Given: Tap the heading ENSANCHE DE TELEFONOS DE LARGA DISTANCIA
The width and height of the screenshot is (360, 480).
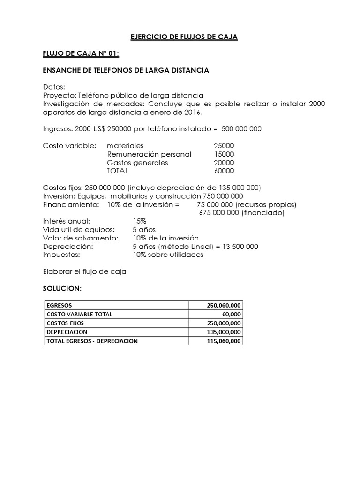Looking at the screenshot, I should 126,70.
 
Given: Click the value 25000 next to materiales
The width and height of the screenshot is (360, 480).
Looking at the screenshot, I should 224,146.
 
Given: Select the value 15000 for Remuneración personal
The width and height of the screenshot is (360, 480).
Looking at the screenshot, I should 224,154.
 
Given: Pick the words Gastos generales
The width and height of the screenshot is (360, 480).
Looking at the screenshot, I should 137,163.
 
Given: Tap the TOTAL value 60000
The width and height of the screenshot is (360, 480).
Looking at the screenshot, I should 224,171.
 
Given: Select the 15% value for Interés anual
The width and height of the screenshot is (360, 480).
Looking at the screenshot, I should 140,221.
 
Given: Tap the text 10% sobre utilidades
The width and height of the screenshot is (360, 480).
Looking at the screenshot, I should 168,255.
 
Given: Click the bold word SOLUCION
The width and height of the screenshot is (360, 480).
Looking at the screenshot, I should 61,288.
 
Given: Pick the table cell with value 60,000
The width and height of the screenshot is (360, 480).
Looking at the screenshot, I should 216,314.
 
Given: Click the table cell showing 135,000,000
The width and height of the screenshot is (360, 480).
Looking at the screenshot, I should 216,332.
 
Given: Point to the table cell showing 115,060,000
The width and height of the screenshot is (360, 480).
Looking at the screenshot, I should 216,341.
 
